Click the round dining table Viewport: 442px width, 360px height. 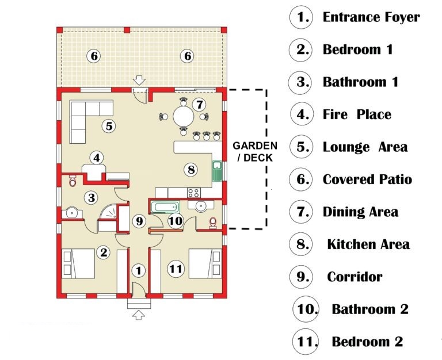tap(184, 116)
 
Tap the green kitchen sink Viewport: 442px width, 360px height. tap(217, 171)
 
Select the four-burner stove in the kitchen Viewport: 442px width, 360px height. tap(194, 193)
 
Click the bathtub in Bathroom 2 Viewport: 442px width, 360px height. tap(165, 208)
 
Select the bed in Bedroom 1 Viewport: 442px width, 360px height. tap(78, 263)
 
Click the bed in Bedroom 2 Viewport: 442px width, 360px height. tap(205, 263)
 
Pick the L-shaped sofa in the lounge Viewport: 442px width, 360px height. tap(85, 116)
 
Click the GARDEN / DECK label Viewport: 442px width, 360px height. tap(255, 152)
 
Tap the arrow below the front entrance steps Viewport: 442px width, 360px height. tap(138, 315)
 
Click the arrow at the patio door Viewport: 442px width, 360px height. tap(139, 80)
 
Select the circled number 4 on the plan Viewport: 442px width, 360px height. tap(97, 158)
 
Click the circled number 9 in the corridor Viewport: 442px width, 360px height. tap(139, 221)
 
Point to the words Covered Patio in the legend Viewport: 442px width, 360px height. tap(367, 179)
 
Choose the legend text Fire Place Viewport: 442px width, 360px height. tap(357, 114)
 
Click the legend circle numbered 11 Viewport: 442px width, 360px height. tap(306, 342)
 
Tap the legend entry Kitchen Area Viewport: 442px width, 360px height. tap(368, 244)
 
